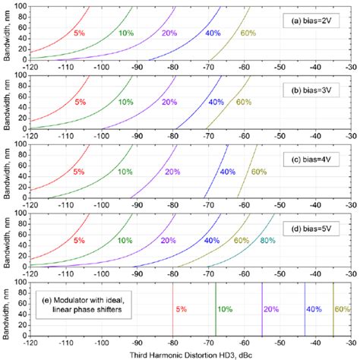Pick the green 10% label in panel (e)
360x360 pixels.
[x=225, y=309]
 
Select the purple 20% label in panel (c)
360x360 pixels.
[x=172, y=172]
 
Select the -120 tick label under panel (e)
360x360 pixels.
[x=30, y=342]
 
